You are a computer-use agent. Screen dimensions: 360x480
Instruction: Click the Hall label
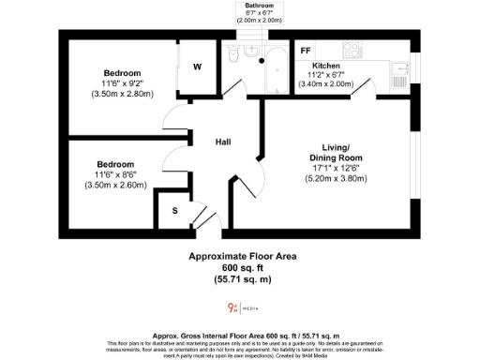click(224, 142)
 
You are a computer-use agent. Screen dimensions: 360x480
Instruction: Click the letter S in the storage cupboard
click(173, 211)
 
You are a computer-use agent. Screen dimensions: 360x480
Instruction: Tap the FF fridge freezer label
click(306, 51)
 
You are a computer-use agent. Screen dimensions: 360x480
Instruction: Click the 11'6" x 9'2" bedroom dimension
click(123, 83)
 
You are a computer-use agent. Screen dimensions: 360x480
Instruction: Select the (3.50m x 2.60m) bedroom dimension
click(122, 185)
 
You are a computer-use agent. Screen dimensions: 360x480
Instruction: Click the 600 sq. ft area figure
click(244, 267)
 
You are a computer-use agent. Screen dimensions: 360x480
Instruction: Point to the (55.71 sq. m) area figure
click(244, 278)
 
